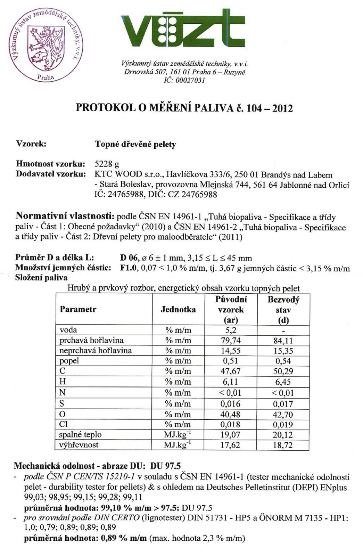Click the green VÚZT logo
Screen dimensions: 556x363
[x=183, y=28]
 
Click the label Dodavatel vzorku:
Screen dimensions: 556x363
[x=51, y=174]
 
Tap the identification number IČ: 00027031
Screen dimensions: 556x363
[x=184, y=80]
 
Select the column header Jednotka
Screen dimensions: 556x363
[x=178, y=309]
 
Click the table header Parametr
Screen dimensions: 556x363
[x=78, y=309]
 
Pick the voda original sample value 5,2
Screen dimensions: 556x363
[x=231, y=330]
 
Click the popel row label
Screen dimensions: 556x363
[x=69, y=361]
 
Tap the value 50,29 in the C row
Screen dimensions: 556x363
[x=283, y=371]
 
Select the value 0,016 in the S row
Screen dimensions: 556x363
[x=230, y=404]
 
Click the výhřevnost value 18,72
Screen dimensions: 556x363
[x=283, y=445]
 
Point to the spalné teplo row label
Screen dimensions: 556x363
[x=80, y=434]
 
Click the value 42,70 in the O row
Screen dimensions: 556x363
[x=283, y=415]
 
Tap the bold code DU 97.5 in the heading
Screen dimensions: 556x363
[x=165, y=466]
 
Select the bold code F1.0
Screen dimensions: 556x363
[x=129, y=268]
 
